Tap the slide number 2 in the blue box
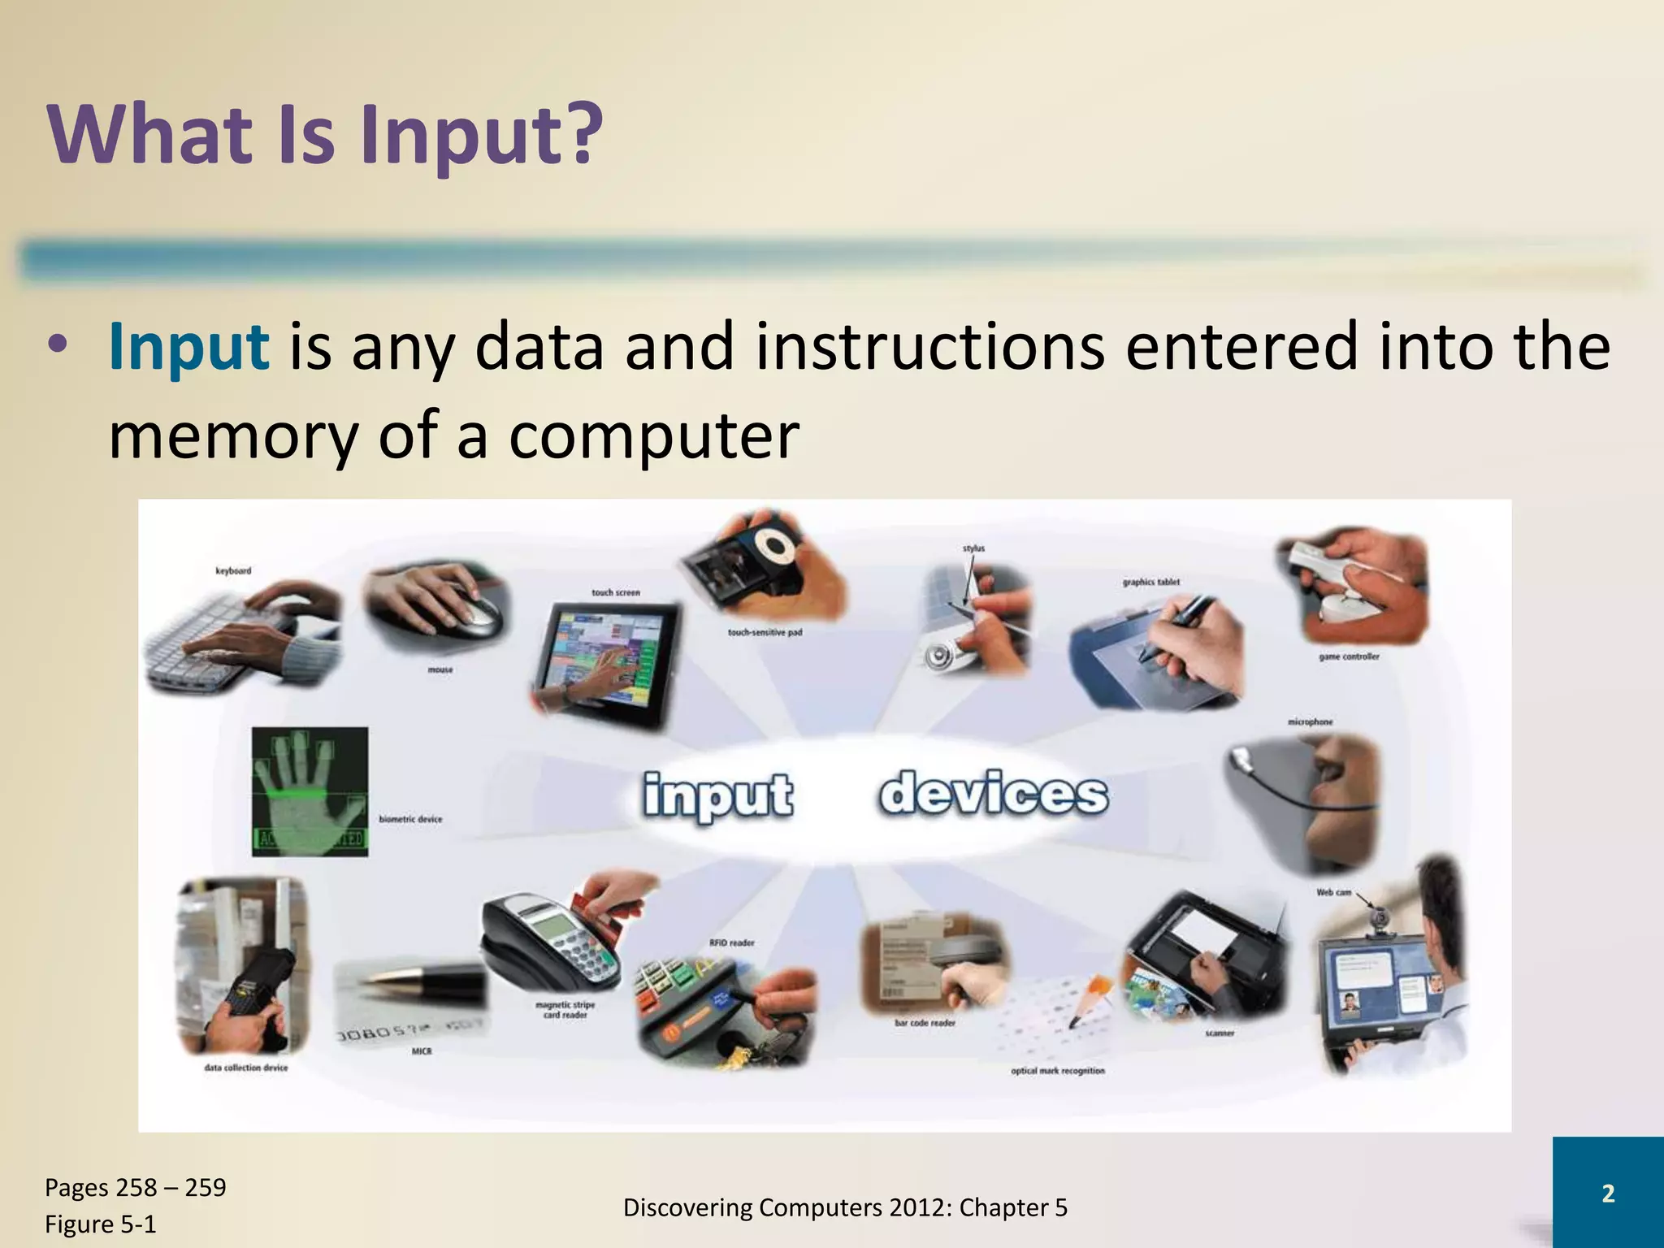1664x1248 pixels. click(1607, 1194)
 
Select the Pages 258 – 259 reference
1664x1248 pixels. click(135, 1187)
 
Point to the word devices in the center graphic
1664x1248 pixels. click(993, 794)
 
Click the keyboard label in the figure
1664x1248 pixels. click(233, 571)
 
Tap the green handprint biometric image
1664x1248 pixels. click(310, 791)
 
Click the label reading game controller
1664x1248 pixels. click(1349, 656)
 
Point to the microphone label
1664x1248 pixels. click(1310, 721)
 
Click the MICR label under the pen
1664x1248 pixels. click(422, 1051)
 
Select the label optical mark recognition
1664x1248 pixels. click(1057, 1071)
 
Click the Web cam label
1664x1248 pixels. click(1333, 892)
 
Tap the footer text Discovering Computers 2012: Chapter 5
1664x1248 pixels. click(845, 1208)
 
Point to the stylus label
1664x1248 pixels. click(973, 548)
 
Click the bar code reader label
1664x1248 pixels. click(925, 1023)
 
